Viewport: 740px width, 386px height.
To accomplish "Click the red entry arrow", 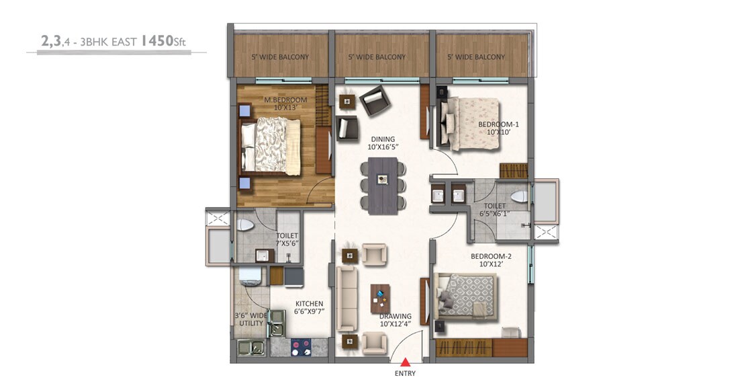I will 405,362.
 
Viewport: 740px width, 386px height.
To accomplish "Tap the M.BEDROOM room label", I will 285,104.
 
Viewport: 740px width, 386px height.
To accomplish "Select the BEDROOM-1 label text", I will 498,128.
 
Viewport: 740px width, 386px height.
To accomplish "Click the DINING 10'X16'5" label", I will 381,143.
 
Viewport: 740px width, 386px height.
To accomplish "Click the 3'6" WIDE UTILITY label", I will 250,319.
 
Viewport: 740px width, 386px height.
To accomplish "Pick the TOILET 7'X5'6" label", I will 287,239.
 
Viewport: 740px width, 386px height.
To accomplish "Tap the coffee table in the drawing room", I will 380,299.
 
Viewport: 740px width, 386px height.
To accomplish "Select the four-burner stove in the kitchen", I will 300,347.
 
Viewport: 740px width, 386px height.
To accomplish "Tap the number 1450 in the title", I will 156,42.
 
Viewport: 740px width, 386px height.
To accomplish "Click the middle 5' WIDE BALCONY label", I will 377,57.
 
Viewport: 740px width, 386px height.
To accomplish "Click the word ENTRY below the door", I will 405,373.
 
